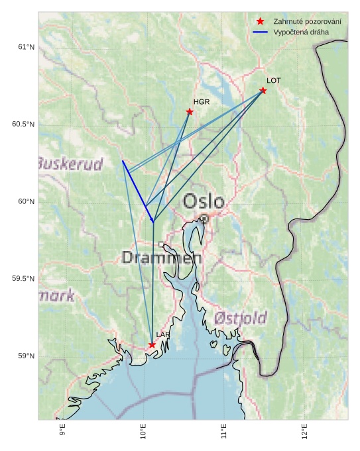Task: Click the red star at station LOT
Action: [263, 90]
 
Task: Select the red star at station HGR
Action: [190, 111]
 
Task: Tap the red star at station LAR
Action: [152, 344]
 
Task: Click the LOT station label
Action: [274, 80]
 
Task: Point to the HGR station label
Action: [202, 102]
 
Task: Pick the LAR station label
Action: [163, 335]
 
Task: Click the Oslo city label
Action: [204, 201]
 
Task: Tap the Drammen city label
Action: [162, 258]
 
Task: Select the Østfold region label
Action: [240, 317]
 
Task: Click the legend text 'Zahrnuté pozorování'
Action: [307, 22]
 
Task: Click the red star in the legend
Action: [261, 22]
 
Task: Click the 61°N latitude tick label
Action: [25, 47]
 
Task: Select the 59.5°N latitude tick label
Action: [23, 279]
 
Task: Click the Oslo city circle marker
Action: [204, 218]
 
